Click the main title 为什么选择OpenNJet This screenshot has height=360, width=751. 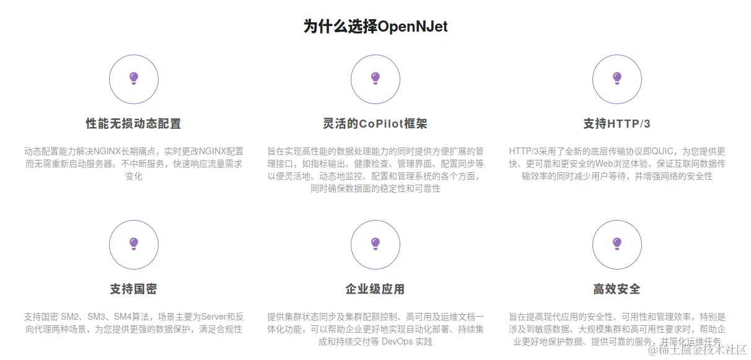tap(375, 27)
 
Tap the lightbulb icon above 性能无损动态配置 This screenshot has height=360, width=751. tap(134, 79)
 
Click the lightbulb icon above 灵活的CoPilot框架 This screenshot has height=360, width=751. tap(375, 79)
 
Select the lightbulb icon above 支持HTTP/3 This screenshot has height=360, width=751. tap(617, 79)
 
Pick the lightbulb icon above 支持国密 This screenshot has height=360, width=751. tap(134, 244)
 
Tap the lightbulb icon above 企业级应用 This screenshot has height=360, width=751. tap(375, 244)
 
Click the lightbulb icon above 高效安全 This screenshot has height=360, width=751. tap(617, 244)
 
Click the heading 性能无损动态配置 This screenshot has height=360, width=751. tap(134, 124)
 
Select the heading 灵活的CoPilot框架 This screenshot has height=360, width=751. tap(375, 124)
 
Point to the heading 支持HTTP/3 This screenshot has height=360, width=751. tap(617, 124)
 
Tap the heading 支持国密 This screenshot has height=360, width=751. tap(134, 289)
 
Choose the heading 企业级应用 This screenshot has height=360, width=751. tap(375, 289)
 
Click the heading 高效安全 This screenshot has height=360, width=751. tap(617, 289)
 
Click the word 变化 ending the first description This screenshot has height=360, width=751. tap(134, 176)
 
